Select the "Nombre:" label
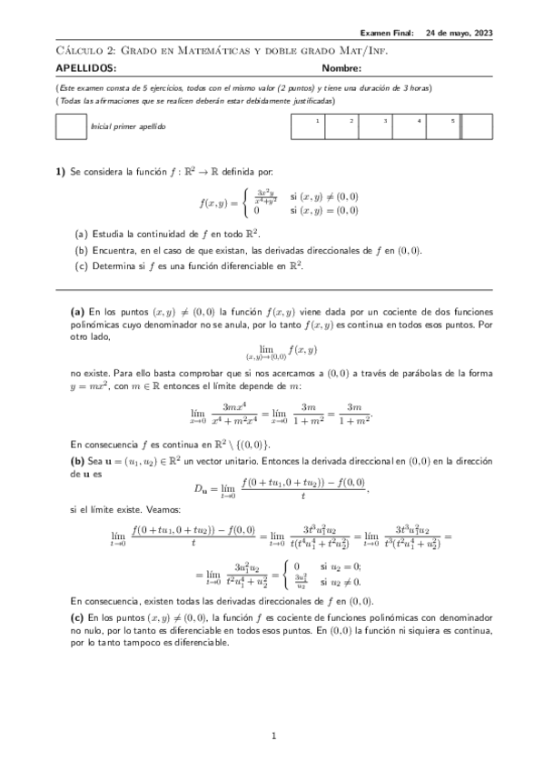[x=341, y=68]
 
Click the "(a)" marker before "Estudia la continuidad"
[x=81, y=234]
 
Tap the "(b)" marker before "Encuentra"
[x=81, y=250]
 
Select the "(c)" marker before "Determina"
[x=81, y=266]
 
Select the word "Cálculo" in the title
[x=77, y=52]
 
